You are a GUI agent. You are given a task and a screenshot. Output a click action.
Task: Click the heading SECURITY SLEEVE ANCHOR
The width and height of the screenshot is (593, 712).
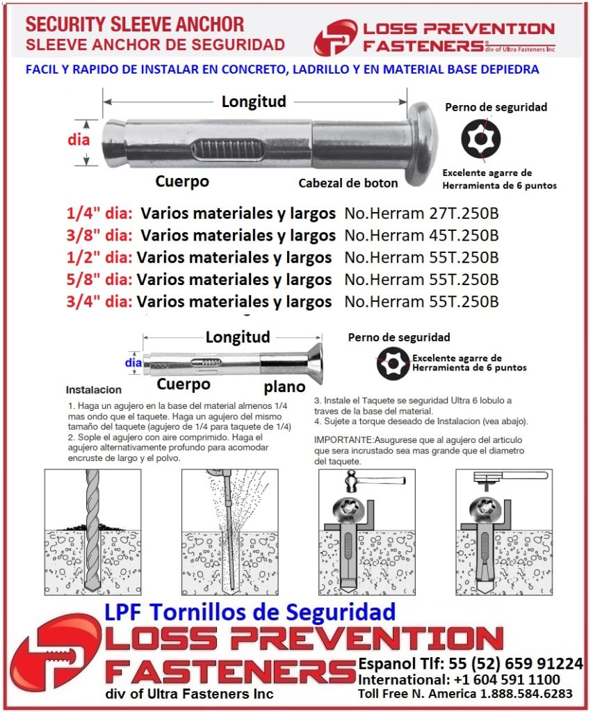[134, 25]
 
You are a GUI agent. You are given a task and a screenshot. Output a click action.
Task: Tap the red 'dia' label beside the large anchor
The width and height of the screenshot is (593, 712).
[79, 139]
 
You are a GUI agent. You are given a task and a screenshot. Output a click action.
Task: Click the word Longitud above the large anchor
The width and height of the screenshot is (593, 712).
[254, 102]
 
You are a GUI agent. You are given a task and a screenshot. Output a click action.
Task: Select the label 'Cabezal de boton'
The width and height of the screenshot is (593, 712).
[348, 184]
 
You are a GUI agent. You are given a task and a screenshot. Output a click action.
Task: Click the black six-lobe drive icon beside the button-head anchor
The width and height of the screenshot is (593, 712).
[480, 140]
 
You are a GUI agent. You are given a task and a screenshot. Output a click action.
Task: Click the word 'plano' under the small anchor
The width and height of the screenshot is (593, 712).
[284, 387]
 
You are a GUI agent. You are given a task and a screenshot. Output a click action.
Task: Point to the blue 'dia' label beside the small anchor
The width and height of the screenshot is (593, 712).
[133, 362]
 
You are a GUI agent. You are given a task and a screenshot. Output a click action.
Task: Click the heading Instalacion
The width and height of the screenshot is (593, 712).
[94, 390]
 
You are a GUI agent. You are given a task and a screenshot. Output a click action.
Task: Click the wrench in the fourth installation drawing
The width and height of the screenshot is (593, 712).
[511, 476]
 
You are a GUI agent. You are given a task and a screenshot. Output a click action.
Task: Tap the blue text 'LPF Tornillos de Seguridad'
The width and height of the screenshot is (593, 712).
[250, 612]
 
